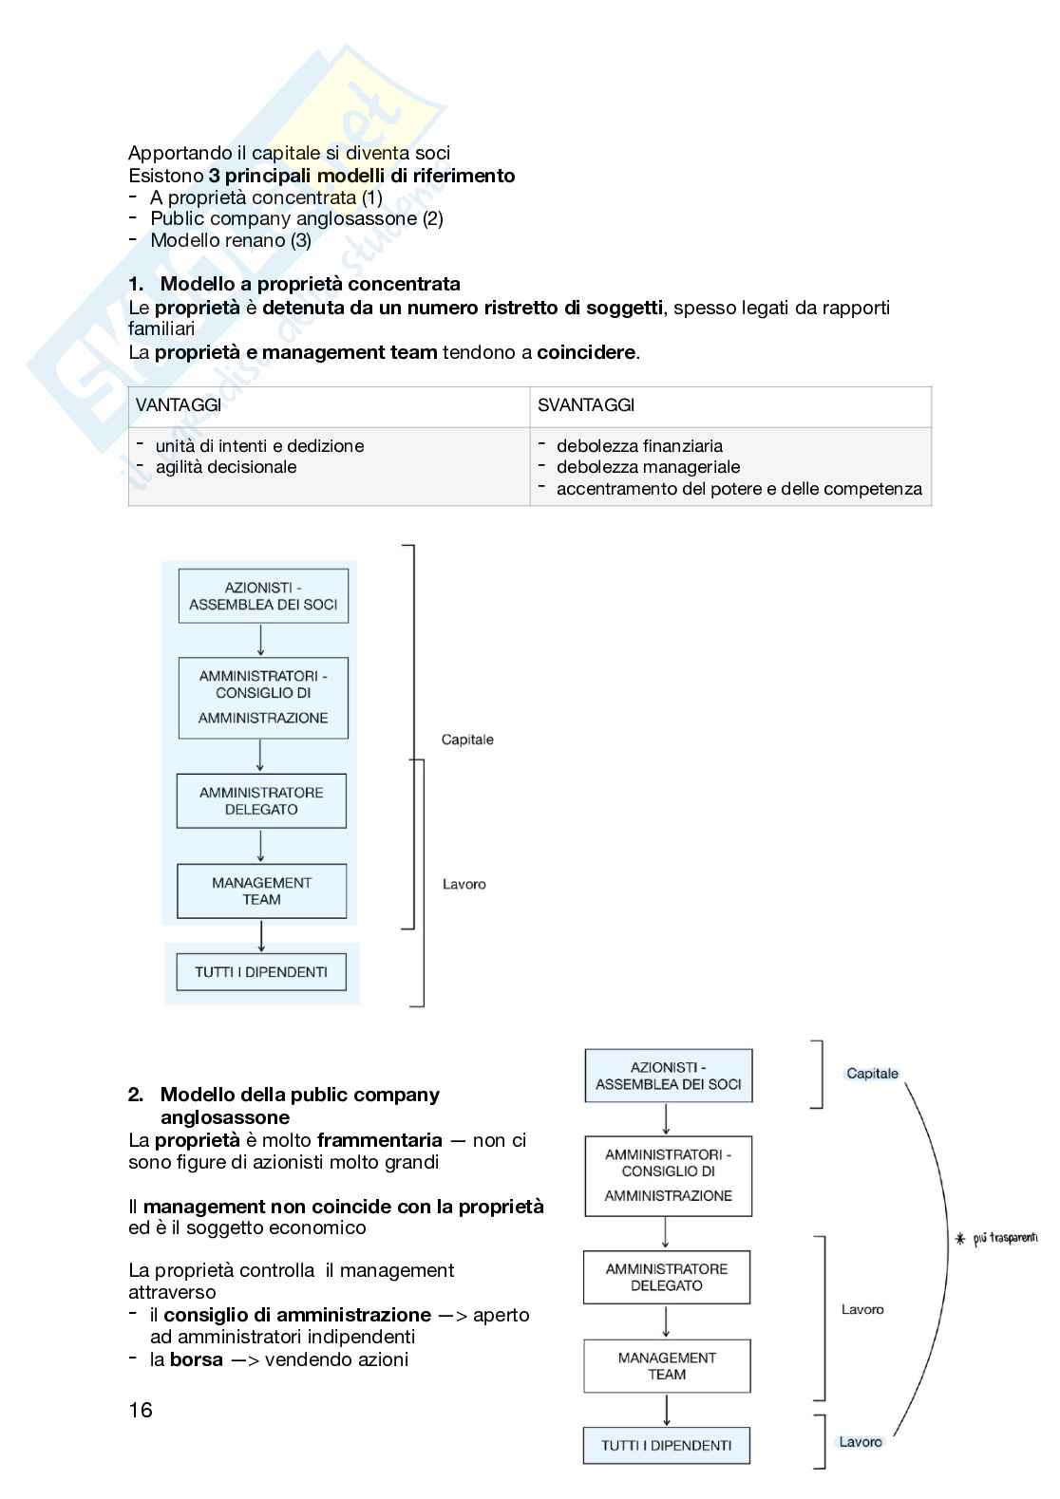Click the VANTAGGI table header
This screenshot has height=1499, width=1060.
click(x=179, y=405)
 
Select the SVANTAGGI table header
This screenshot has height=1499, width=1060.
click(x=586, y=405)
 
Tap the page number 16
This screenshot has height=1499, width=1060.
click(x=141, y=1410)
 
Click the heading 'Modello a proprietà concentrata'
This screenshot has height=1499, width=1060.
click(x=310, y=284)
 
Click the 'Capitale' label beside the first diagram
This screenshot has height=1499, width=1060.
click(x=467, y=740)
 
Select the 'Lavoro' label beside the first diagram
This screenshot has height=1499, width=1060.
click(x=464, y=884)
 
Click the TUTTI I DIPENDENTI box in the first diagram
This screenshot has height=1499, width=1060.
click(x=261, y=972)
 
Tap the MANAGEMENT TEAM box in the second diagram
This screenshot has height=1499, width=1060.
click(x=667, y=1366)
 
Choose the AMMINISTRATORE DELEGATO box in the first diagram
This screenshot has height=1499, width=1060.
click(x=261, y=801)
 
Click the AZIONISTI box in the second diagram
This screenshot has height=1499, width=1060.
click(x=668, y=1076)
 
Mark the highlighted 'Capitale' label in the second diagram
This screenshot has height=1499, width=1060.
click(x=872, y=1074)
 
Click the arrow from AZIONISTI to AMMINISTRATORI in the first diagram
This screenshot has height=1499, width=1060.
click(x=261, y=640)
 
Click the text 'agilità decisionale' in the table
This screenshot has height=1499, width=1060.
click(x=226, y=467)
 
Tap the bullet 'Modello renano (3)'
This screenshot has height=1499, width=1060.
click(x=231, y=240)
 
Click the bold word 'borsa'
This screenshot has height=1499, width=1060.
click(x=197, y=1359)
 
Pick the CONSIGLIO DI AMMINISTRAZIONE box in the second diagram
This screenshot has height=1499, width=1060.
click(x=668, y=1175)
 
